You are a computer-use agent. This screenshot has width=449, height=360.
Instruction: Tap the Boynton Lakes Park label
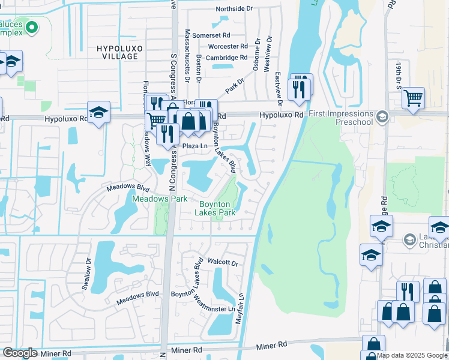pyautogui.click(x=218, y=208)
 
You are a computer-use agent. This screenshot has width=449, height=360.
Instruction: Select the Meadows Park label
pyautogui.click(x=160, y=199)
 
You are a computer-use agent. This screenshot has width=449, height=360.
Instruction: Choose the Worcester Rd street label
pyautogui.click(x=228, y=46)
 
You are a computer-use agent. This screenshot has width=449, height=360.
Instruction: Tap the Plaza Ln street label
pyautogui.click(x=194, y=146)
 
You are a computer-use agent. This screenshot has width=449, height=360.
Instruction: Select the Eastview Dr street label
pyautogui.click(x=278, y=83)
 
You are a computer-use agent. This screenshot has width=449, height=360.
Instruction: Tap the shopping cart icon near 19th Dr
pyautogui.click(x=413, y=98)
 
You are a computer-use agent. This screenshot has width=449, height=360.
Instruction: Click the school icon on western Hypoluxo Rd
pyautogui.click(x=99, y=112)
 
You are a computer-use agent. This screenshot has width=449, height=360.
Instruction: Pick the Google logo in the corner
pyautogui.click(x=20, y=353)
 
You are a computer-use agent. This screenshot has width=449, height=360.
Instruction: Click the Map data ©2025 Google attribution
pyautogui.click(x=412, y=355)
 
